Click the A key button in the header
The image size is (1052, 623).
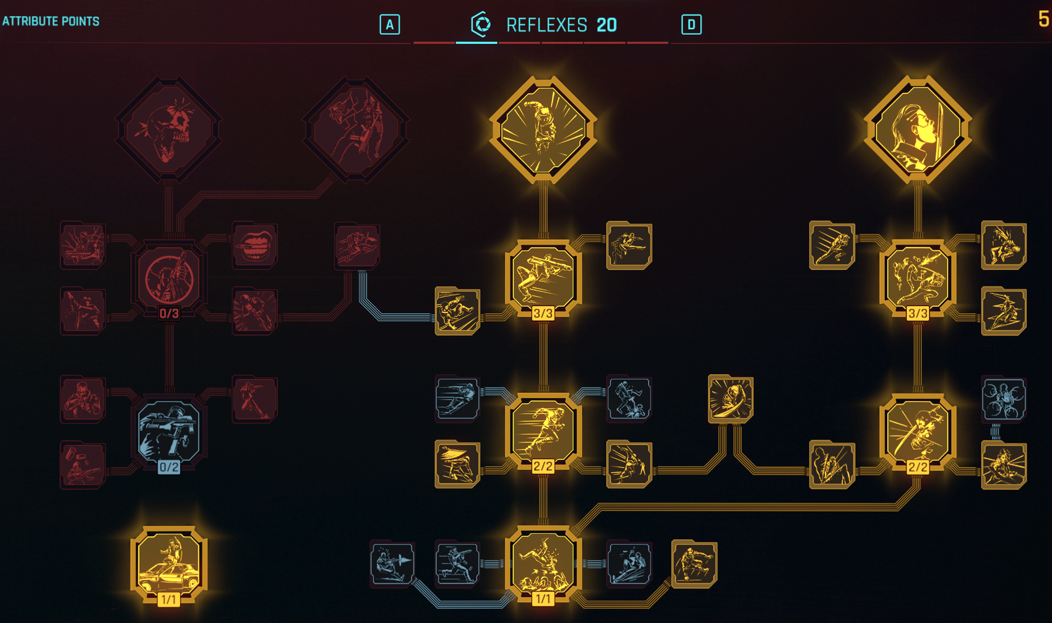(x=389, y=24)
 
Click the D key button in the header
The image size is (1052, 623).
(x=691, y=24)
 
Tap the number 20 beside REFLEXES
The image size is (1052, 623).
(x=607, y=25)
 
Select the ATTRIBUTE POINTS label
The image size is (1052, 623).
(x=51, y=21)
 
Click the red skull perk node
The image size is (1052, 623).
(x=168, y=129)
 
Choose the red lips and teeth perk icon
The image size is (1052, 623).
(x=254, y=245)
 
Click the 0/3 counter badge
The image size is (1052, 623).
(x=169, y=313)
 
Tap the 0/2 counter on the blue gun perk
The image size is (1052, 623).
(x=169, y=466)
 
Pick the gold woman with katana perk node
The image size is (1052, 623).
(x=918, y=129)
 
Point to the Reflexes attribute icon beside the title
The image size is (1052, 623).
(x=481, y=24)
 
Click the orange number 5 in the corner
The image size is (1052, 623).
(x=1043, y=19)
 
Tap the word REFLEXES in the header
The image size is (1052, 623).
(x=546, y=25)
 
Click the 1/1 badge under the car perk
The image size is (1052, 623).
(x=168, y=599)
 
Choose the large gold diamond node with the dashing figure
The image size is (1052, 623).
(x=543, y=129)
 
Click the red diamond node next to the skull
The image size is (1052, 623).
(x=356, y=129)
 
